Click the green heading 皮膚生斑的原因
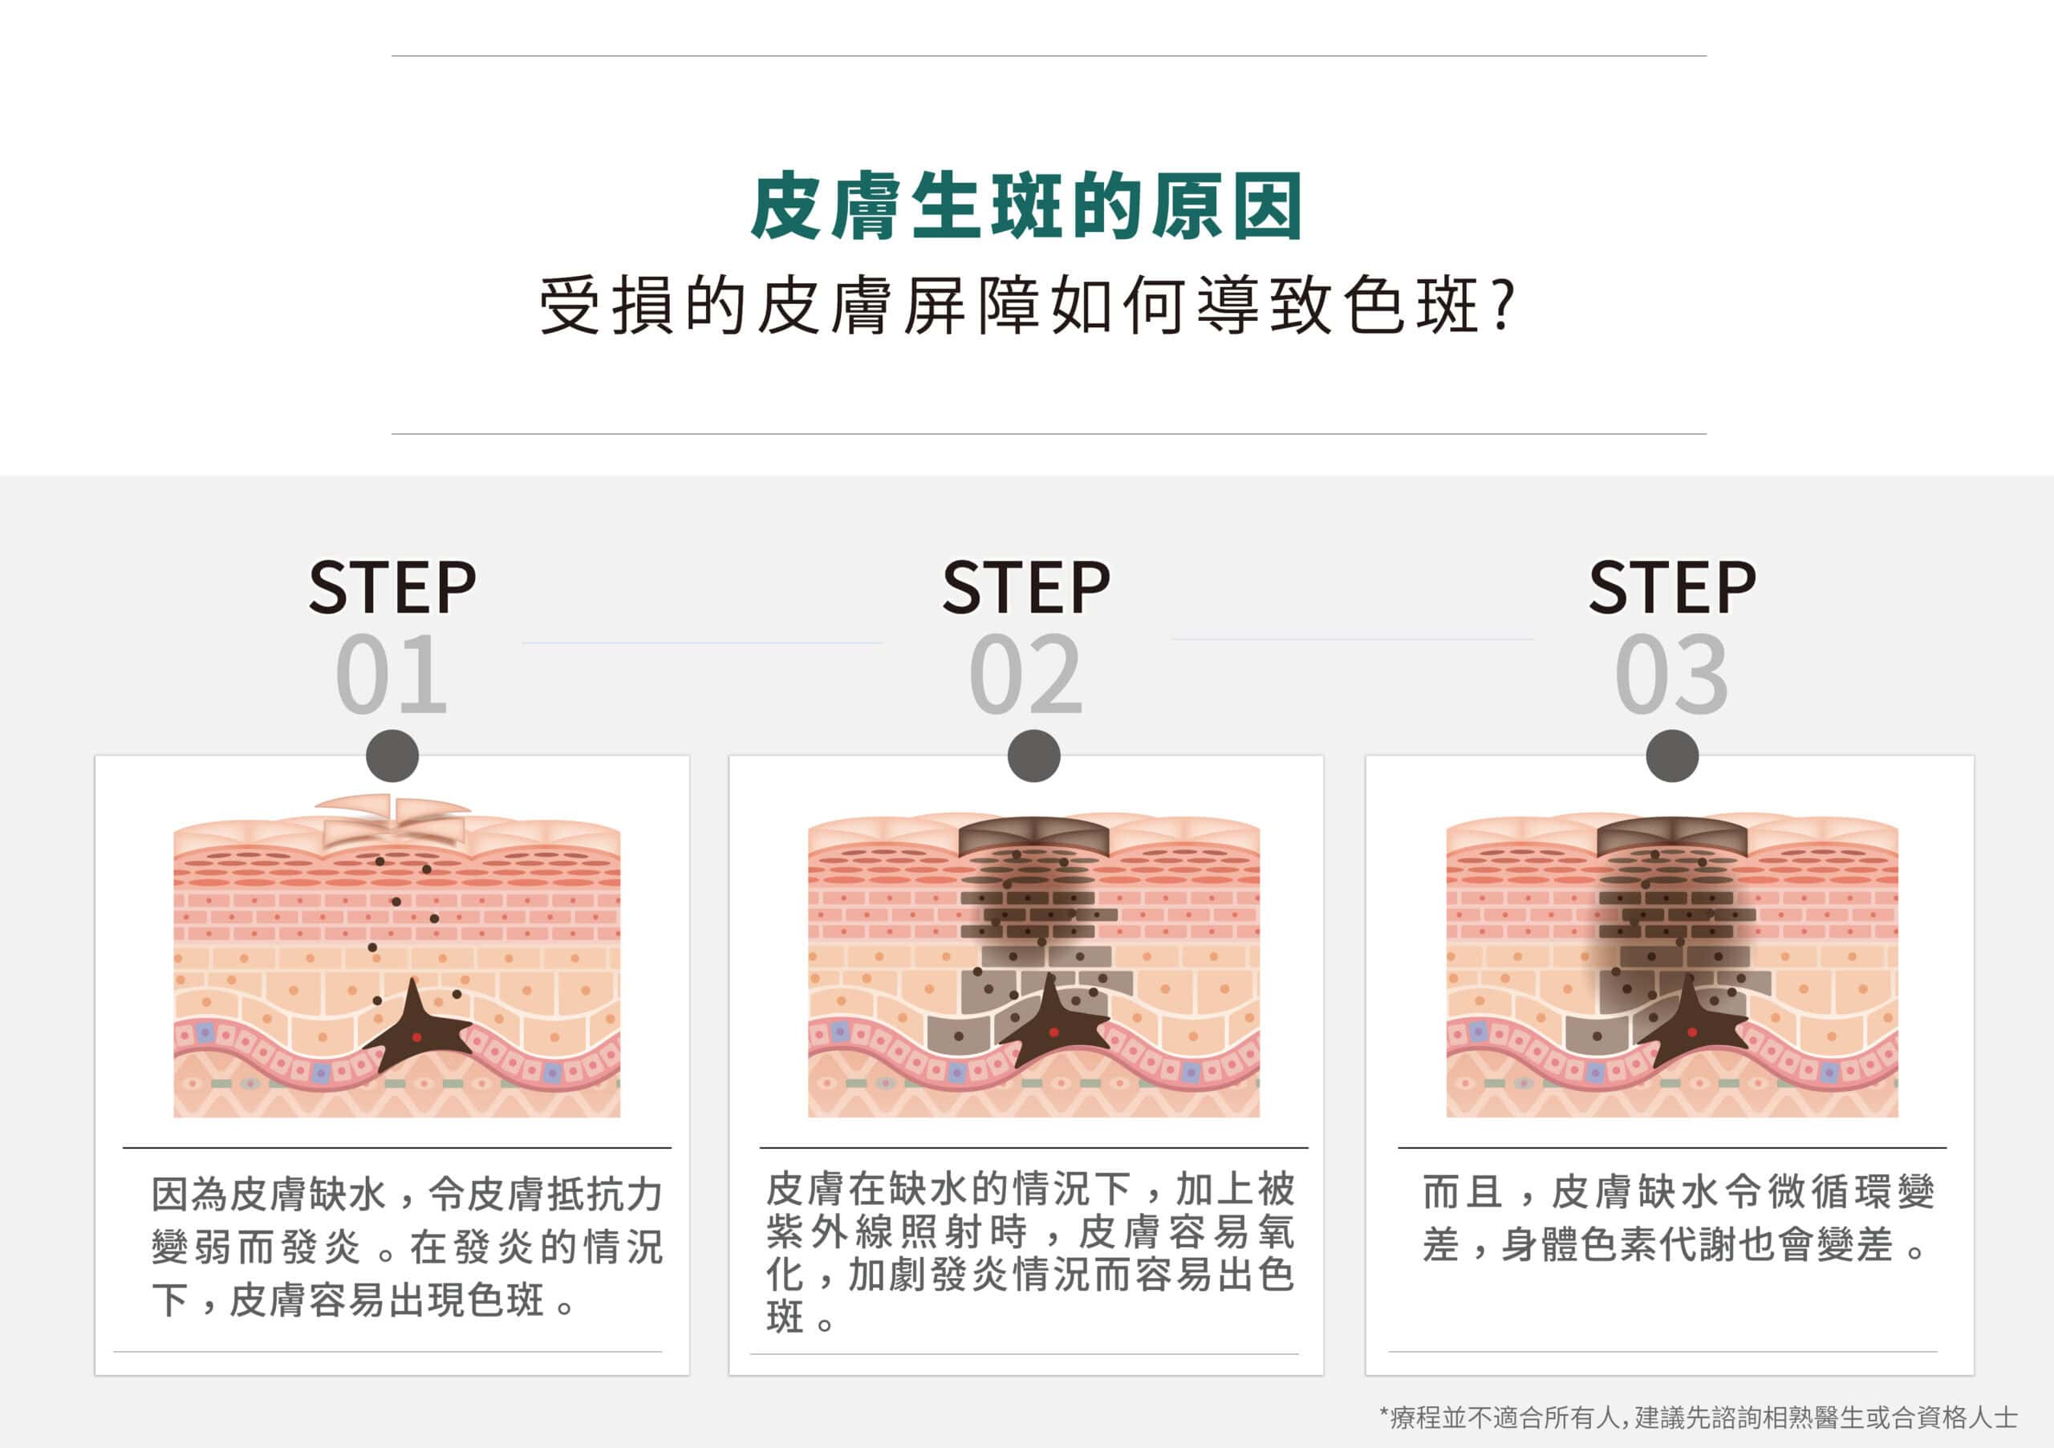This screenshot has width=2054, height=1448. pyautogui.click(x=1026, y=207)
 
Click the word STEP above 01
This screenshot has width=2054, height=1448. pyautogui.click(x=392, y=587)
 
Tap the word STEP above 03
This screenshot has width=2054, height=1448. pyautogui.click(x=1672, y=587)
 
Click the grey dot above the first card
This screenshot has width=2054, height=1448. pyautogui.click(x=392, y=756)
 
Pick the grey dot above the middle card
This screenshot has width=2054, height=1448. pyautogui.click(x=1033, y=756)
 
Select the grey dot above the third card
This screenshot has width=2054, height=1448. pyautogui.click(x=1672, y=756)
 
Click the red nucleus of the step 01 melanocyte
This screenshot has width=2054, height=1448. pyautogui.click(x=416, y=1037)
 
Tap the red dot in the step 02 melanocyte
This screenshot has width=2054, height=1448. pyautogui.click(x=1053, y=1033)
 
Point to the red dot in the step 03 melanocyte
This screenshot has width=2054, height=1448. pyautogui.click(x=1691, y=1032)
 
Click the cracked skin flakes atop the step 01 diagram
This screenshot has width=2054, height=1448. pyautogui.click(x=394, y=818)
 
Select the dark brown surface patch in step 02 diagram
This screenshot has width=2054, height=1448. pyautogui.click(x=1033, y=836)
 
